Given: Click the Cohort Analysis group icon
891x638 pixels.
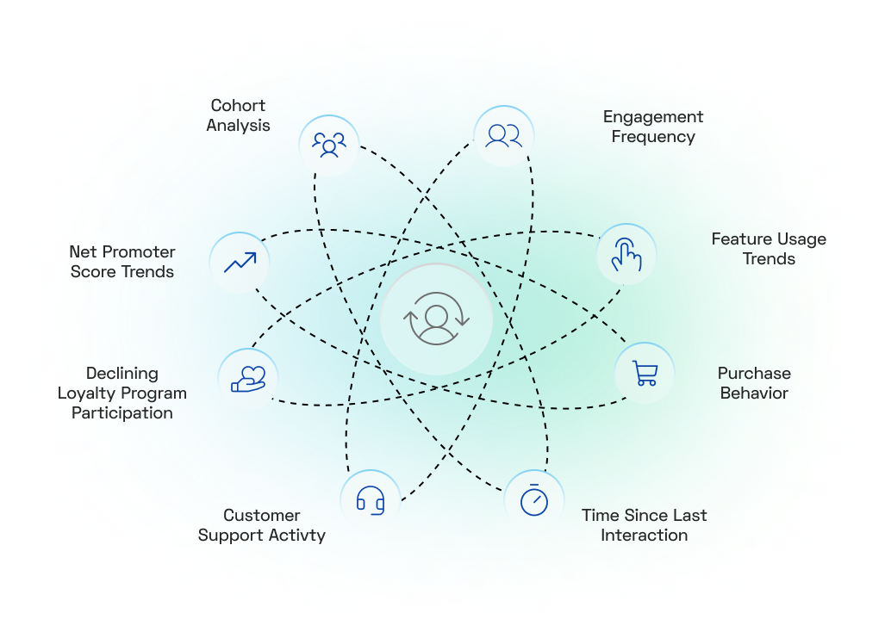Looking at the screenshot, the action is coord(329,145).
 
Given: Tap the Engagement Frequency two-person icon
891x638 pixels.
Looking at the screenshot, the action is coord(503,136).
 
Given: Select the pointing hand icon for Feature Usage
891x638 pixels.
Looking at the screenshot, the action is coord(626,254).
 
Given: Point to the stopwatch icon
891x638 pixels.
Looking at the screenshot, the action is coord(534,499).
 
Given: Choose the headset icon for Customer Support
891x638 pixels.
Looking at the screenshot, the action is coord(371,500).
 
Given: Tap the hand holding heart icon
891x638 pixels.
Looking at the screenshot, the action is coord(248,379).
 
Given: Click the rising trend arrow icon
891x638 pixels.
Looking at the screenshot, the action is coord(240,263).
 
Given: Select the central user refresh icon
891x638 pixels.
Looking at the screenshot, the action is coord(436,319).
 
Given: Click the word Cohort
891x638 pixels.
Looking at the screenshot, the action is coord(238,106).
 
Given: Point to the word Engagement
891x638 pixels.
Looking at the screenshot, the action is coord(653,117).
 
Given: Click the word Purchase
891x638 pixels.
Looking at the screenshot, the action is coord(754,374).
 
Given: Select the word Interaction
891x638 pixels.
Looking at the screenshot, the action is coord(645,536).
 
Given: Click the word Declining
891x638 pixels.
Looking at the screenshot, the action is coord(122,374).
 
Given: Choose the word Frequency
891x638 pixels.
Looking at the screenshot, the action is coord(653,137).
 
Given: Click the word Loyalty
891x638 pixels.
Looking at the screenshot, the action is coord(87,393).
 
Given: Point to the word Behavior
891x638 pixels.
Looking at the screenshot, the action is coord(754,393).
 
